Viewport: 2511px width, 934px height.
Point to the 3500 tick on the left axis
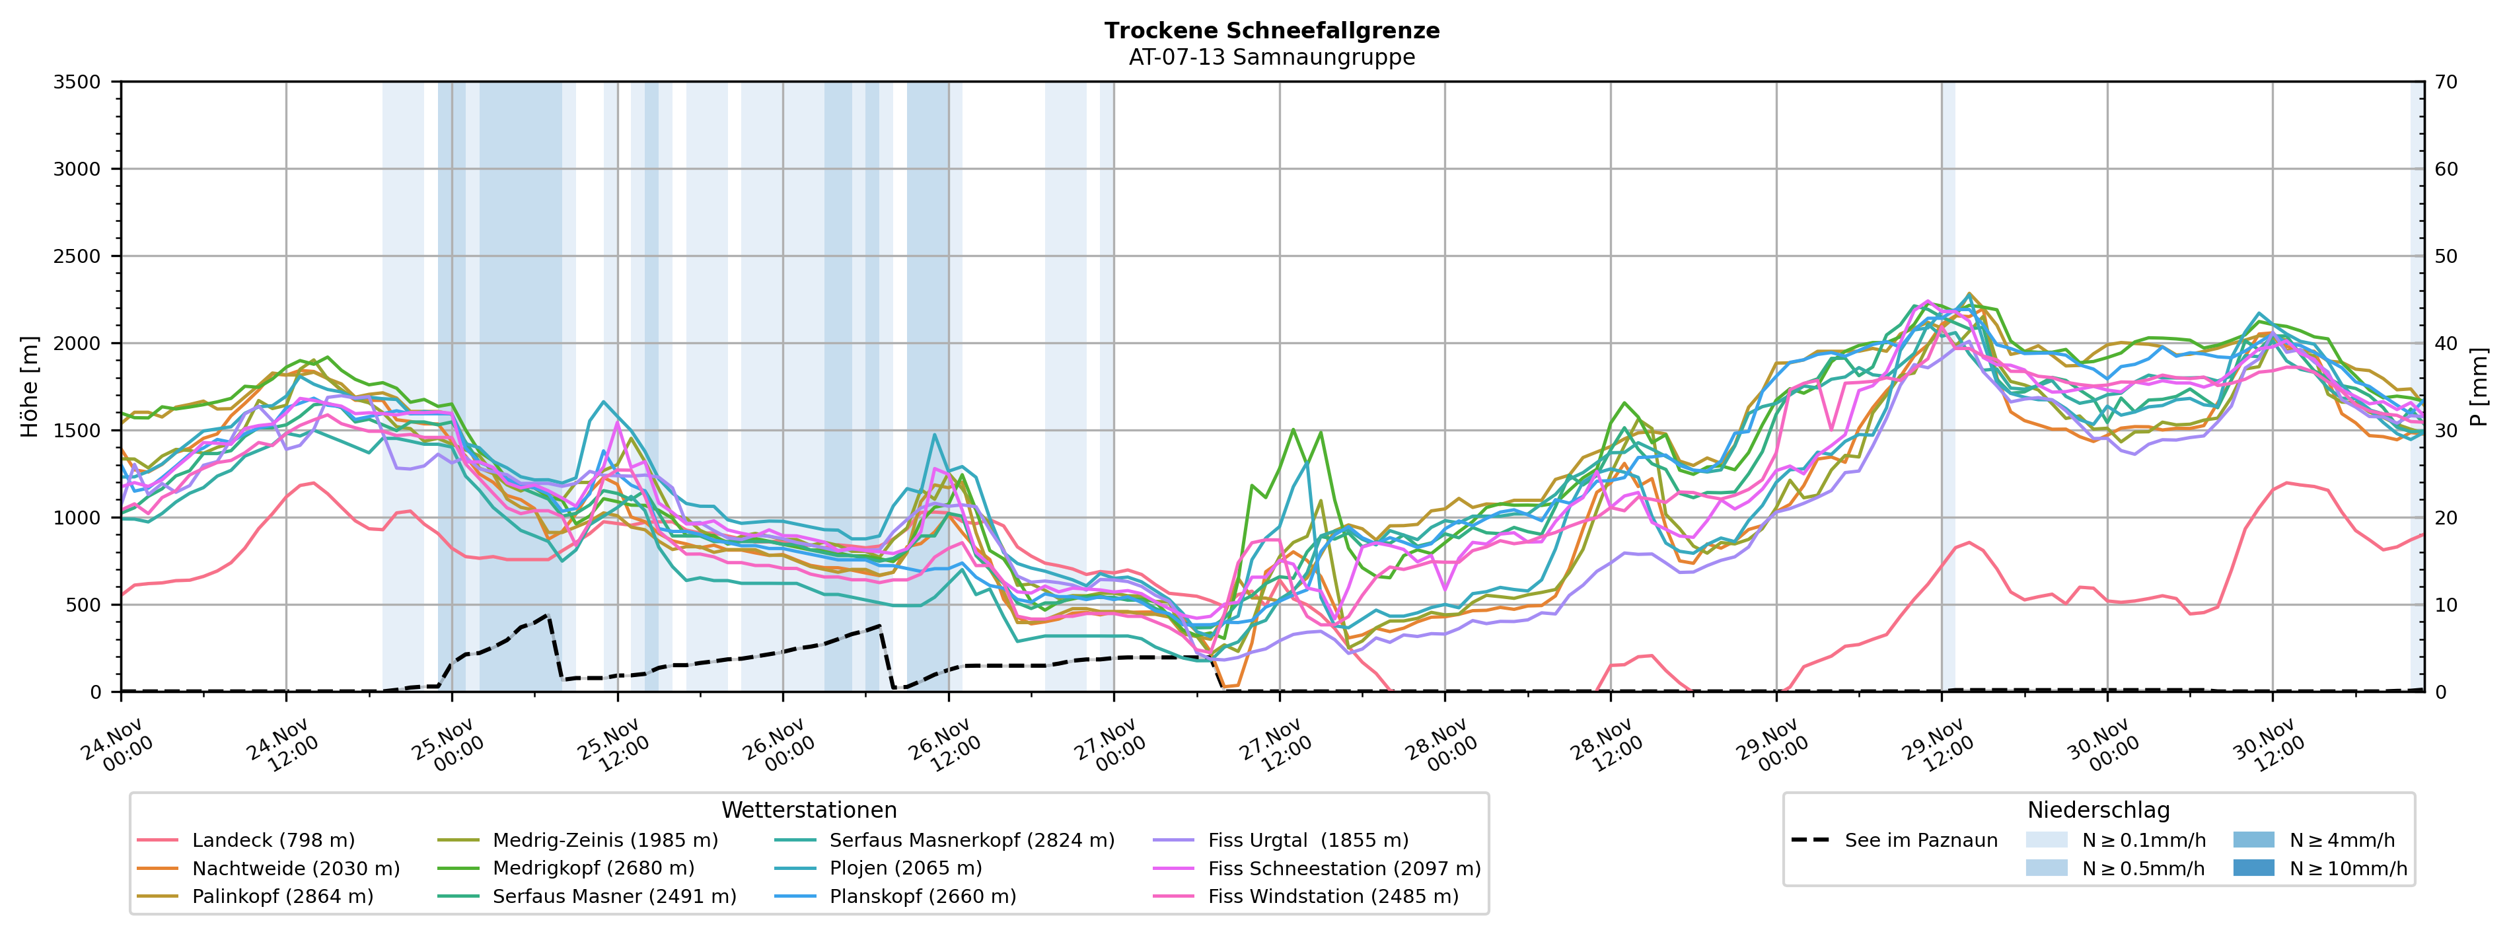click(77, 82)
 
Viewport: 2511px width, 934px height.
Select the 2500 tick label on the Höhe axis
click(77, 256)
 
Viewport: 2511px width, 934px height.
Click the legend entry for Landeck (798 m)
click(273, 840)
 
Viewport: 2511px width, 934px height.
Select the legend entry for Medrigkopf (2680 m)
click(593, 869)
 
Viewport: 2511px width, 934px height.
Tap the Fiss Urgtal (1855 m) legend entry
click(1308, 840)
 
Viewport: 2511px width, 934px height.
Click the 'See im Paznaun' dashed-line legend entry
click(1920, 840)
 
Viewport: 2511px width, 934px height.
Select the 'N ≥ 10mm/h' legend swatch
click(2253, 869)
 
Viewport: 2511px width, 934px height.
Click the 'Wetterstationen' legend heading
click(809, 810)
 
